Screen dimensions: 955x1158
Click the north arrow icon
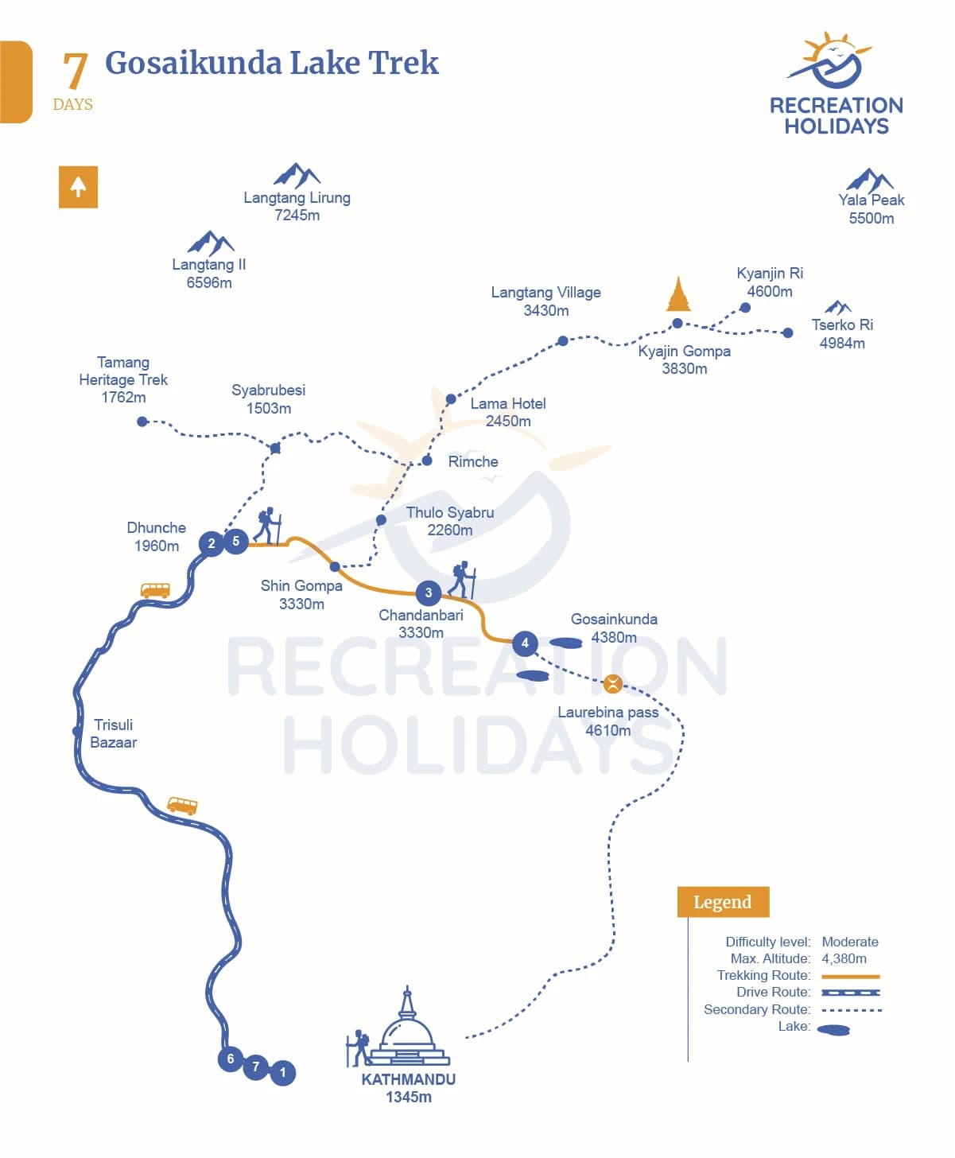click(x=78, y=187)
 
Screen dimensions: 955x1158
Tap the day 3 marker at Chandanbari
click(x=428, y=593)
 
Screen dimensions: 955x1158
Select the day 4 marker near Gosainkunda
click(x=525, y=643)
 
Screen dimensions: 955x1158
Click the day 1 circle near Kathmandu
click(x=283, y=1073)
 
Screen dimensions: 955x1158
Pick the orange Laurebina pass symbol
click(x=613, y=684)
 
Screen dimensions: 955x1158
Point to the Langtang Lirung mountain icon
click(x=297, y=175)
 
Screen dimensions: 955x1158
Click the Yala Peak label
click(x=872, y=208)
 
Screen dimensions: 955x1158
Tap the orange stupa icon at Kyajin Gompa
click(x=678, y=294)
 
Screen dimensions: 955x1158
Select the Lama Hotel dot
click(x=451, y=398)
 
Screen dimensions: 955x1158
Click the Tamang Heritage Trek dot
click(x=142, y=422)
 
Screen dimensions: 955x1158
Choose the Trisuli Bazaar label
click(x=113, y=734)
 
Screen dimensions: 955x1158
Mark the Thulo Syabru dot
click(x=381, y=519)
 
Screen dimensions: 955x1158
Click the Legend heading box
click(x=723, y=902)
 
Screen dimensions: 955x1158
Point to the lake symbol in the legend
click(x=833, y=1030)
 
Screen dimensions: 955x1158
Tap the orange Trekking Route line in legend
click(x=851, y=976)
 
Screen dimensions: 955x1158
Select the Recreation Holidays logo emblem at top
click(x=829, y=60)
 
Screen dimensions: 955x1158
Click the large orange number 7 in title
click(x=75, y=70)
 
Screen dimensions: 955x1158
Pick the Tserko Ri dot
click(x=787, y=332)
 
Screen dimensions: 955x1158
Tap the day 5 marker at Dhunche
click(x=235, y=541)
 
